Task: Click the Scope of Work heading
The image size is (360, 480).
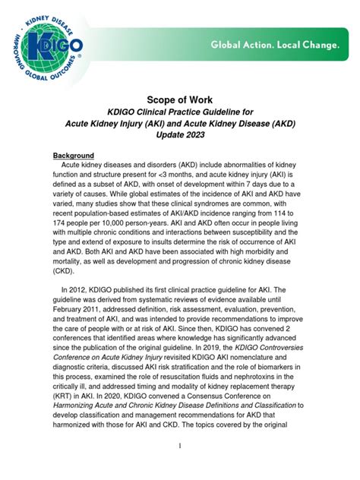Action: pyautogui.click(x=180, y=98)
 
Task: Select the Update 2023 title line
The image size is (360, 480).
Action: pyautogui.click(x=180, y=134)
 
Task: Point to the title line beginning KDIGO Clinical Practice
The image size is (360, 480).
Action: pyautogui.click(x=180, y=111)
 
